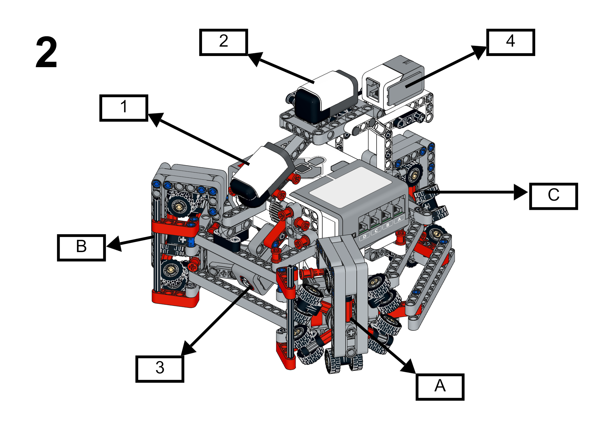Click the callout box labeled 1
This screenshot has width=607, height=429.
124,108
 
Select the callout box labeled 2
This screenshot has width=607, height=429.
224,42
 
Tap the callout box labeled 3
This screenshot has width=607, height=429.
160,369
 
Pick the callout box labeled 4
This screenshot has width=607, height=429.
510,42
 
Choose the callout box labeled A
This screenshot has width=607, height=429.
440,387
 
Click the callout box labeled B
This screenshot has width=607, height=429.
82,247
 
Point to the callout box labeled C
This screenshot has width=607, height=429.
553,196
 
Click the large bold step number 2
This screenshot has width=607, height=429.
46,52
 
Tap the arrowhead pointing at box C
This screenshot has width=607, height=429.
521,192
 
